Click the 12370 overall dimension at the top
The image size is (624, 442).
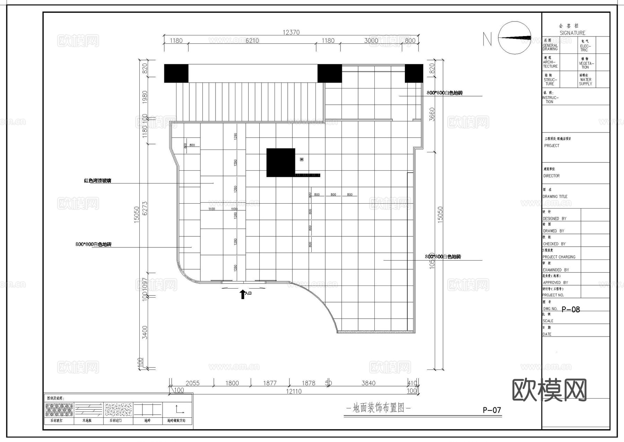[x=291, y=32]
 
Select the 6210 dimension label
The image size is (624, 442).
[x=252, y=41]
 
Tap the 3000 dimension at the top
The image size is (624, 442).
[x=371, y=41]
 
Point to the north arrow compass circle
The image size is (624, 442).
[x=514, y=38]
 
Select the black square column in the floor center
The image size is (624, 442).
[x=280, y=162]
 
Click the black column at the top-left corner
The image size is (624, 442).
[x=176, y=73]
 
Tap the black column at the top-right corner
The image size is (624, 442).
[x=414, y=73]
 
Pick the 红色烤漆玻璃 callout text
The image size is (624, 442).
[x=97, y=181]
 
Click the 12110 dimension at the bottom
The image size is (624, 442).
[x=293, y=391]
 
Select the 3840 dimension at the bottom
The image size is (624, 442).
[x=368, y=383]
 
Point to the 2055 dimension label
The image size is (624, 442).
[x=192, y=383]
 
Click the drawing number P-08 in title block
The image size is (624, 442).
[x=571, y=309]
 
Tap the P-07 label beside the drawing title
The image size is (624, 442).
[x=492, y=410]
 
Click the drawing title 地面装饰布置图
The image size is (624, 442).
[x=378, y=408]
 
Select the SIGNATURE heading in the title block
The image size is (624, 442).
[x=572, y=33]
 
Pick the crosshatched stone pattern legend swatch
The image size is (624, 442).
[x=59, y=410]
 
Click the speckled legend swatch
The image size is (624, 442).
[x=118, y=410]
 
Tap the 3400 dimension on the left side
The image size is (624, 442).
[x=145, y=332]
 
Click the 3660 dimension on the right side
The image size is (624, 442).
[x=432, y=114]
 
